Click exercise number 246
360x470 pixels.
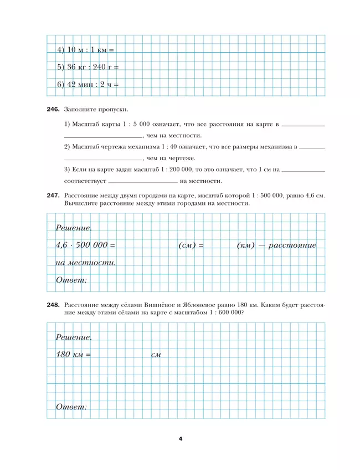coord(53,110)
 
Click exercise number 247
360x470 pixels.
coord(53,196)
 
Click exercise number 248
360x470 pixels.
coord(53,305)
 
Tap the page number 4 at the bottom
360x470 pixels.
coord(180,438)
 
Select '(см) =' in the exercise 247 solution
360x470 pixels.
coord(191,244)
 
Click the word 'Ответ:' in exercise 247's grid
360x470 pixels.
coord(71,280)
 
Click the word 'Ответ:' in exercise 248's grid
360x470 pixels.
coord(71,407)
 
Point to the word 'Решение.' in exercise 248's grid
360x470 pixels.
coord(74,337)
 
